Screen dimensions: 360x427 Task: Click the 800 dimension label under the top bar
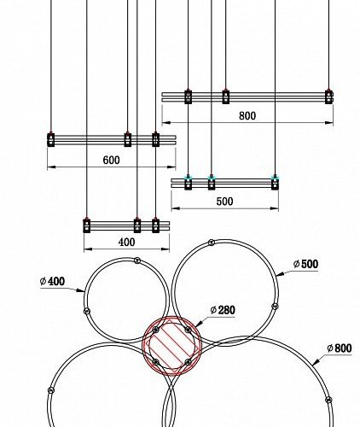247,116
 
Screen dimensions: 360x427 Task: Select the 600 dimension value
111,161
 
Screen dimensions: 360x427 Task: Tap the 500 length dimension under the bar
224,202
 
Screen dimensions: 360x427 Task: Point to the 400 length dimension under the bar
126,243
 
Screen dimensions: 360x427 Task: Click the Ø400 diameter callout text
52,281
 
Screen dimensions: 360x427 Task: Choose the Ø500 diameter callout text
305,264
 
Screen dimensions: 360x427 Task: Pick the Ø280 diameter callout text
223,310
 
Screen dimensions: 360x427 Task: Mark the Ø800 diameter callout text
340,348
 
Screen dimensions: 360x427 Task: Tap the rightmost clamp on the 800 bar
329,97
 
